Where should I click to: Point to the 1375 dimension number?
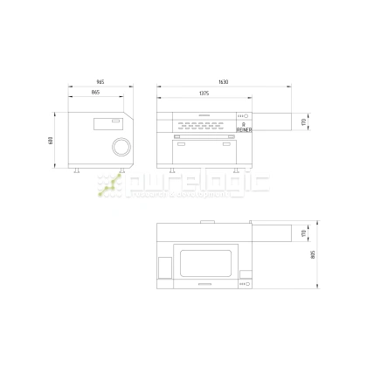203,92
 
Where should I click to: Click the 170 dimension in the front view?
303,121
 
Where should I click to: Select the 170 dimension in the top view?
303,232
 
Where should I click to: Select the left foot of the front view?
170,169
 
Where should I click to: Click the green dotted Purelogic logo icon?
110,184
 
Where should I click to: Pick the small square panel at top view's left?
163,265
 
